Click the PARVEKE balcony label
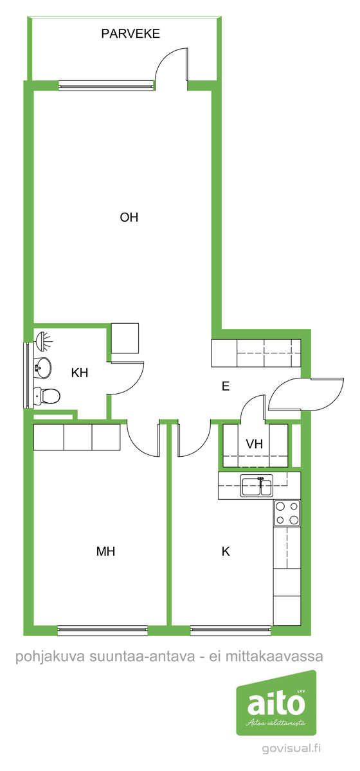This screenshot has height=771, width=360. click(130, 33)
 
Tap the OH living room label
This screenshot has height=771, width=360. click(129, 218)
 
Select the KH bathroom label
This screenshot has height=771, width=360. click(80, 373)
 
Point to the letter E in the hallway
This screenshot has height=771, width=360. click(226, 386)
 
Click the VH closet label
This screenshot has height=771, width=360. click(254, 444)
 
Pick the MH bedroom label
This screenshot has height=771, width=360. click(105, 551)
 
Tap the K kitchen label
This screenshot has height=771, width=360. click(226, 551)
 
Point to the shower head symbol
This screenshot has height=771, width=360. click(44, 341)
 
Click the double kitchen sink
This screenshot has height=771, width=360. click(256, 485)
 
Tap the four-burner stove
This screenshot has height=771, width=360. click(287, 513)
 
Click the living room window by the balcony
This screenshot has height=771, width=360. click(106, 85)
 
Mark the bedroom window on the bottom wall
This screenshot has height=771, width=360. click(103, 630)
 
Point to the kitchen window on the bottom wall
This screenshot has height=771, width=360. click(231, 630)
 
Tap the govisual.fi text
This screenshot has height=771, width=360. click(291, 749)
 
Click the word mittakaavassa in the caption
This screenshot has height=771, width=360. click(274, 657)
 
